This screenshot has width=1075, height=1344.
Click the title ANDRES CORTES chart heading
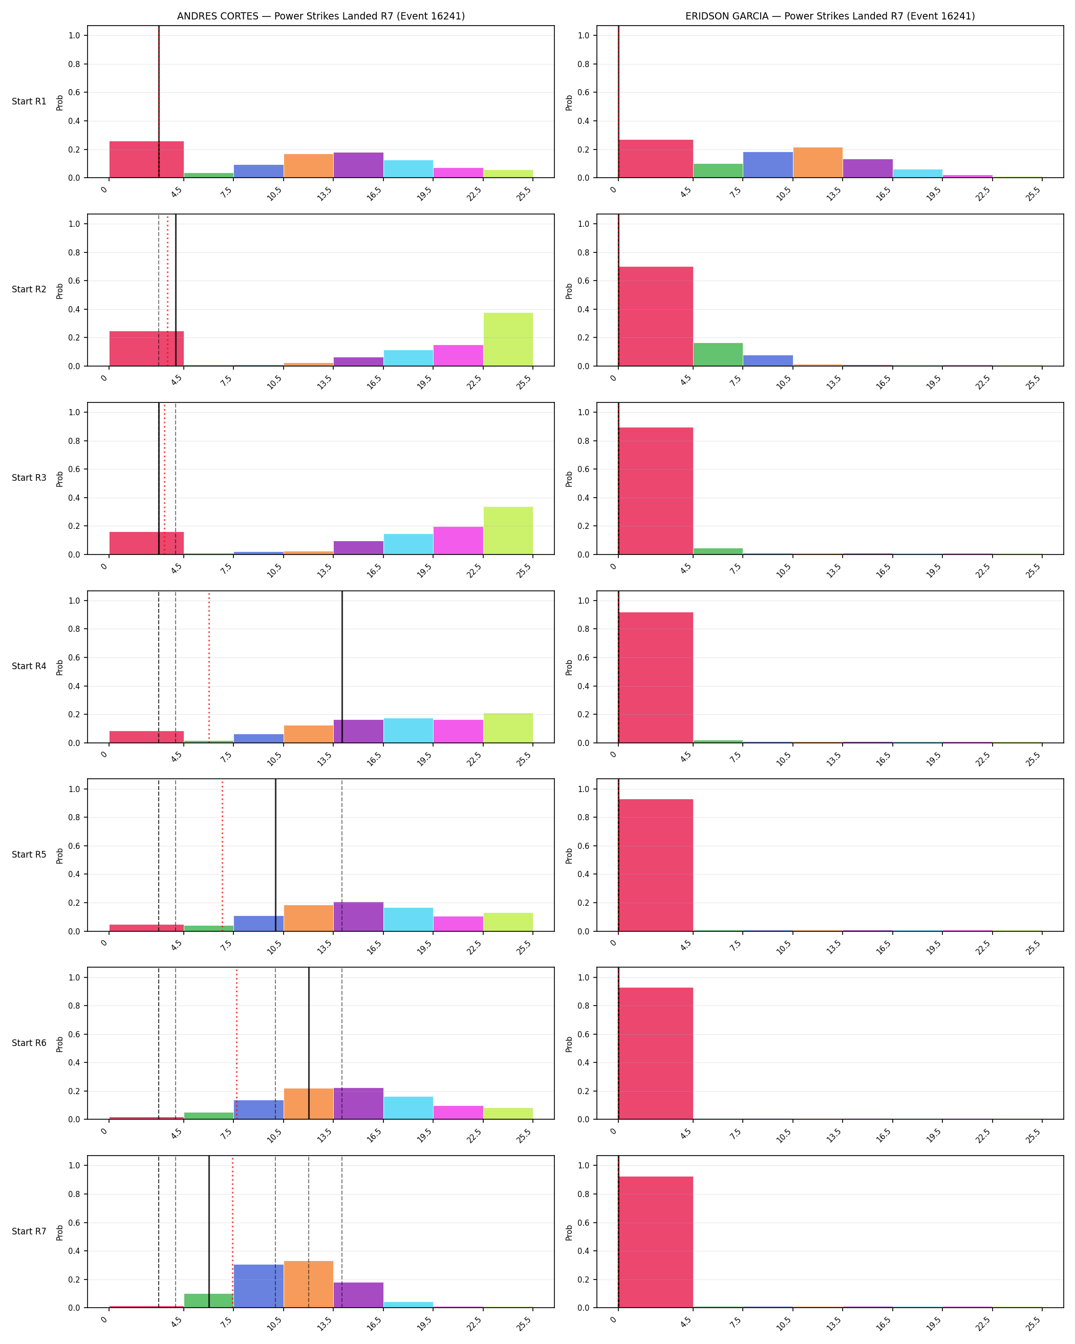tap(321, 16)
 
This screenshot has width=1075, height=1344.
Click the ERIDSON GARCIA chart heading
tap(830, 16)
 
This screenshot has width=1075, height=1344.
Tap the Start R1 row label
tap(29, 101)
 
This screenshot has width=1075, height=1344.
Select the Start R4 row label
tap(29, 667)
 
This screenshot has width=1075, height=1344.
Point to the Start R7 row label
tap(29, 1231)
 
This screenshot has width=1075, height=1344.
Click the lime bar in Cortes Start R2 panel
tap(508, 339)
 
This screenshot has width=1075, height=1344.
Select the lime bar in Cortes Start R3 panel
tap(508, 530)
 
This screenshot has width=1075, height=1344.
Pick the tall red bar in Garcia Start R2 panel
tap(656, 316)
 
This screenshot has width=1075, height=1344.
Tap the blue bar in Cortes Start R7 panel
tap(259, 1286)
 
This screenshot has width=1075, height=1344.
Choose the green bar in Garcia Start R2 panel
tap(718, 354)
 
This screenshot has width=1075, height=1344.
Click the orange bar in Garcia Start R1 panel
tap(818, 163)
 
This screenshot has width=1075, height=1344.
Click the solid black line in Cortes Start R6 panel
tap(309, 1043)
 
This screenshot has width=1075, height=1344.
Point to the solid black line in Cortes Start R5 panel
tap(275, 855)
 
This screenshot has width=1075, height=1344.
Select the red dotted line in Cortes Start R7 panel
tap(232, 1232)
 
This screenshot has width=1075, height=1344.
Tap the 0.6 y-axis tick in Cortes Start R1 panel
tap(74, 92)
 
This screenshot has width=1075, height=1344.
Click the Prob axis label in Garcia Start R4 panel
tap(569, 668)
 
